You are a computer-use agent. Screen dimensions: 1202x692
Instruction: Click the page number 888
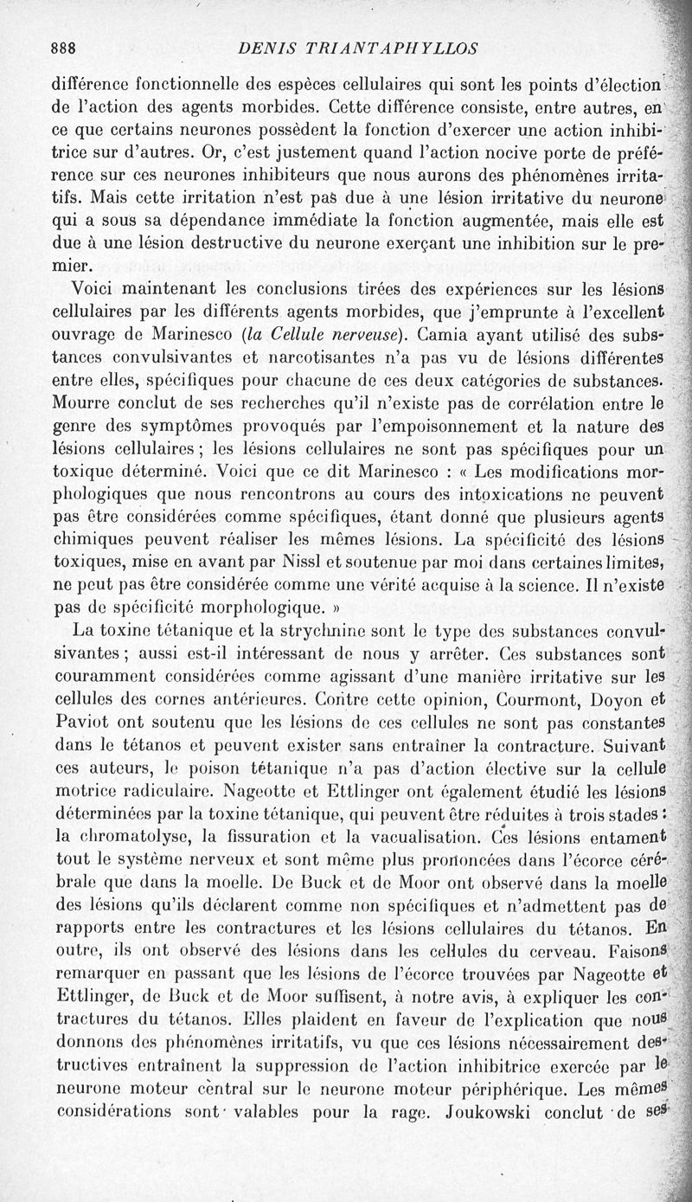(x=66, y=48)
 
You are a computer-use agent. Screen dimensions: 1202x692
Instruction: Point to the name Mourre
(x=80, y=402)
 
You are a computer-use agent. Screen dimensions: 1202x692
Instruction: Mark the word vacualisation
(x=415, y=837)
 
